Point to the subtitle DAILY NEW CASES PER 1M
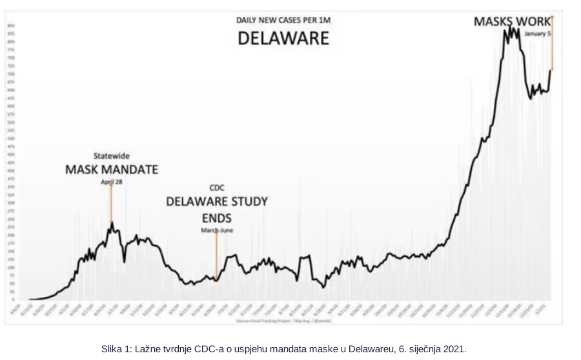(x=283, y=21)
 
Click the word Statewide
(x=111, y=156)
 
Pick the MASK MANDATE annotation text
(x=112, y=170)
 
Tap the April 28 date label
(x=111, y=181)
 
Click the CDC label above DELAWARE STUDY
(x=216, y=188)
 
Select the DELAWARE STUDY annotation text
(x=217, y=201)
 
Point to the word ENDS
(x=217, y=217)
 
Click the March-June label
(x=217, y=230)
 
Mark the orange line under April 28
(x=111, y=203)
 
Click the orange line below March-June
(x=216, y=255)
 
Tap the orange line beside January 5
(x=552, y=43)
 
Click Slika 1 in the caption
(x=114, y=349)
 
